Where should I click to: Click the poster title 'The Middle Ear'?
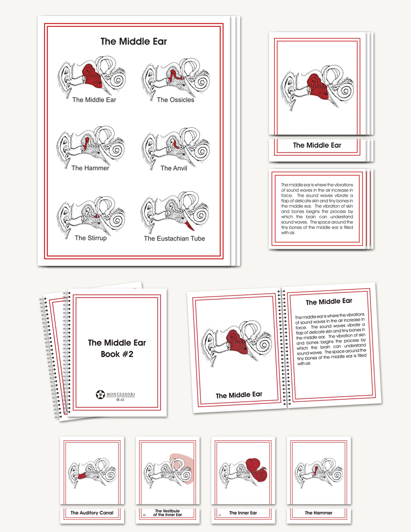pos(133,42)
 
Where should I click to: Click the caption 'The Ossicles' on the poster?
pos(175,100)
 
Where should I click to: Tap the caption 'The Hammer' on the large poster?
pos(90,168)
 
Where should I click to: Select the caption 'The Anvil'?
pos(173,168)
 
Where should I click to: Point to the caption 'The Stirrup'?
pos(91,238)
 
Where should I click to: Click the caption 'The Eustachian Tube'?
pos(174,238)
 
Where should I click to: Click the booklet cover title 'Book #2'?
pos(117,354)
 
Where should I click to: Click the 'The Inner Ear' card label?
pos(243,513)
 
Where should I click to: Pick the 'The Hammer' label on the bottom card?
pos(318,513)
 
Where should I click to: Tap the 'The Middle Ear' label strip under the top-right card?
pos(317,145)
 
